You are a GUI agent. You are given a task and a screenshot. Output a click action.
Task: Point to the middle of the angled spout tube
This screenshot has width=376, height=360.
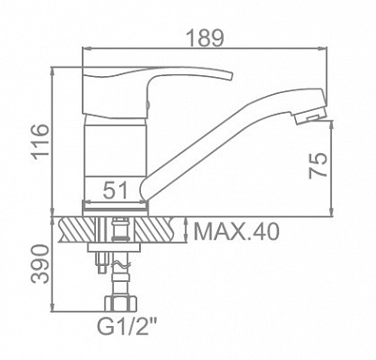coord(226,141)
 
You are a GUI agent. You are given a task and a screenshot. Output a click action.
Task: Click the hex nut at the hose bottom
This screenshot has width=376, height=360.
coord(120,305)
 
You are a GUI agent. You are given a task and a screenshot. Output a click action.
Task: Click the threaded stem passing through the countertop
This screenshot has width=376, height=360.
coord(119,231)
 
